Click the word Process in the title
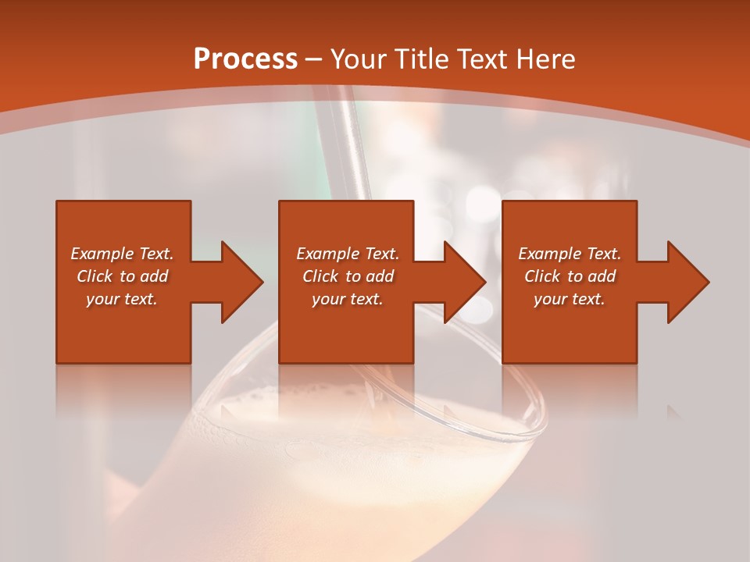coord(245,59)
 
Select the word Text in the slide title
coord(480,59)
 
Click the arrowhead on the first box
coord(242,282)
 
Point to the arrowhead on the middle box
coord(465,282)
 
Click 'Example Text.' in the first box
coord(122,254)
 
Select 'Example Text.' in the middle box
coord(348,254)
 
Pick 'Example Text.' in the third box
coord(570,254)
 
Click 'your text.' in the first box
coord(122,299)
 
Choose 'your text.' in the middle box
coord(348,299)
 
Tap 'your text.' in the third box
coord(570,299)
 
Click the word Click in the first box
coord(95,276)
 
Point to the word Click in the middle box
coord(320,276)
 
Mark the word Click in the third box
coord(542,276)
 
